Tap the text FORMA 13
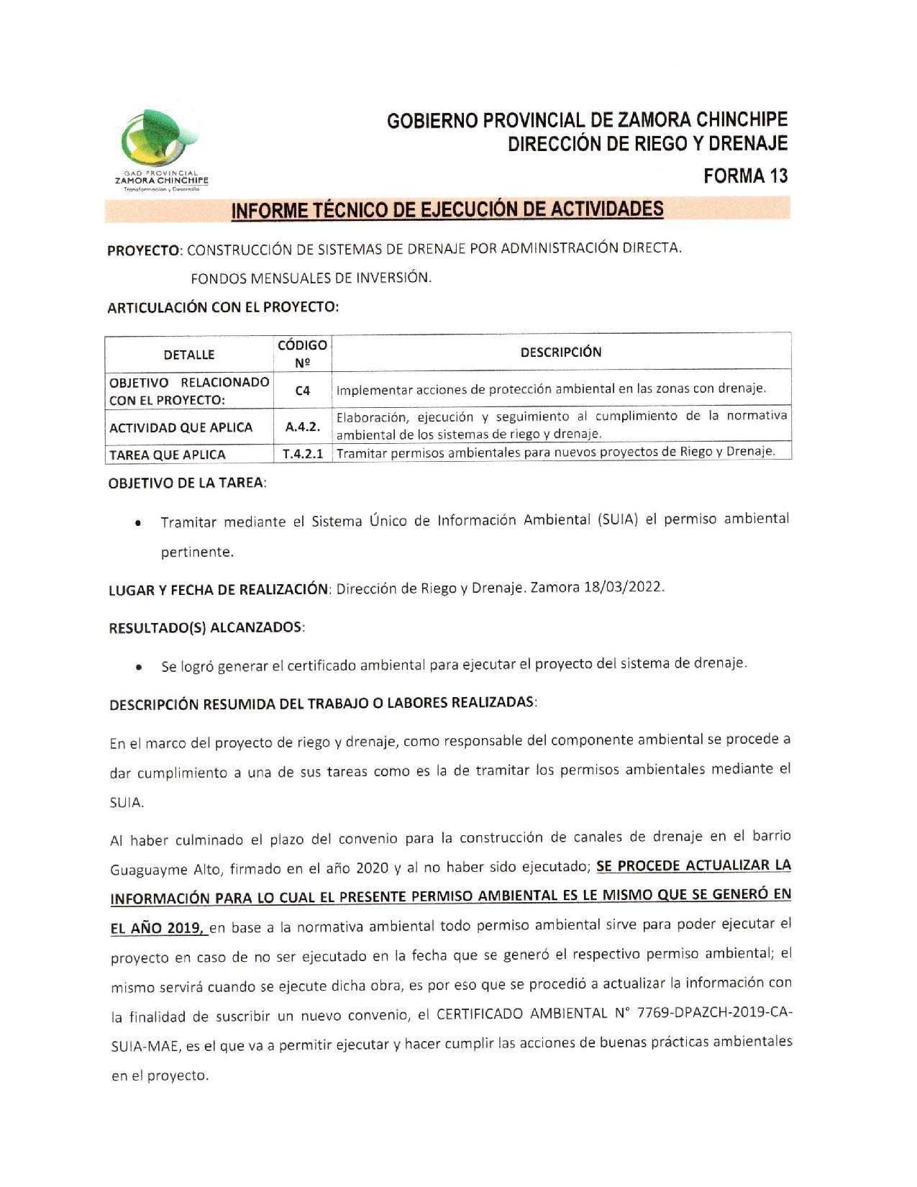[x=746, y=176]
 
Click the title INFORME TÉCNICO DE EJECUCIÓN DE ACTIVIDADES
[x=447, y=209]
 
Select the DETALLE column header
[x=189, y=355]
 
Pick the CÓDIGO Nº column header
[x=302, y=353]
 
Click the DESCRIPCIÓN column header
[x=560, y=352]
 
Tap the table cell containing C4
[x=302, y=390]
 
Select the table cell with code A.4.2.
[x=302, y=427]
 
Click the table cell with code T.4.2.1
[x=302, y=454]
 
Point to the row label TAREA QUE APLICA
[x=167, y=455]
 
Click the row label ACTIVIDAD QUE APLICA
[x=181, y=427]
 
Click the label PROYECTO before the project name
[x=143, y=250]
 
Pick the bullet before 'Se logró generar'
[x=137, y=668]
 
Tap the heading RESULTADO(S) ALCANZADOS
[x=206, y=627]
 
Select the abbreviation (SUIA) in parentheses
[x=618, y=519]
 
